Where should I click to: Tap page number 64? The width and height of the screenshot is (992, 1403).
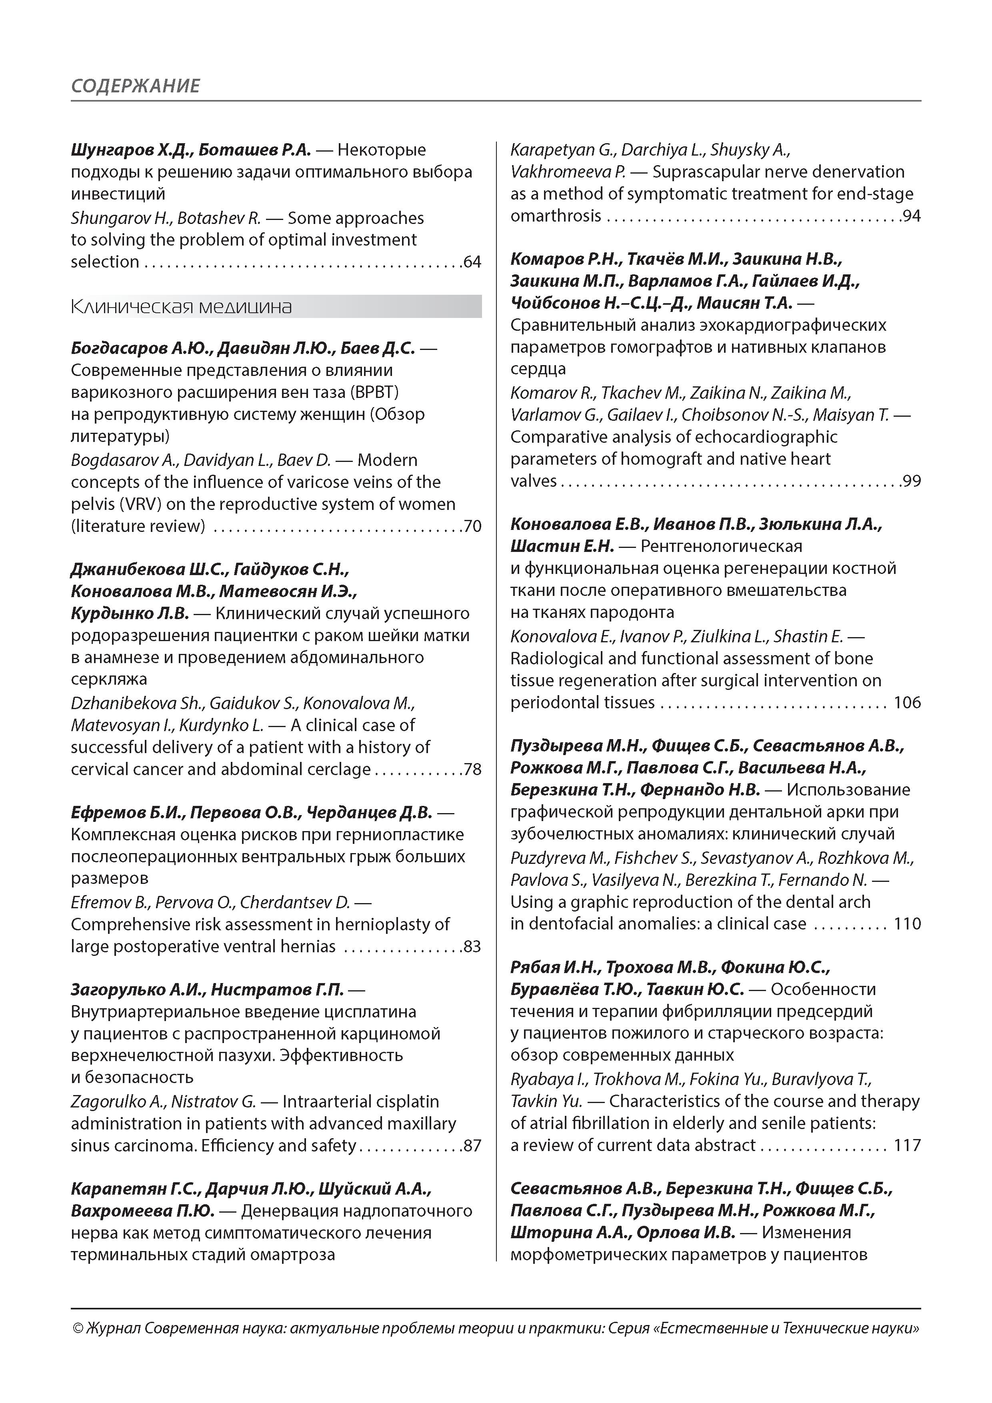coord(472,262)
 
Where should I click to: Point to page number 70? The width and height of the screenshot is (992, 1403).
coord(472,526)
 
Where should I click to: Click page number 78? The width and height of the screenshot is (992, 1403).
coord(472,769)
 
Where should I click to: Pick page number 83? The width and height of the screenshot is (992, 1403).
coord(472,947)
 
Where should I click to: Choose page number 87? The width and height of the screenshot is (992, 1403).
coord(472,1146)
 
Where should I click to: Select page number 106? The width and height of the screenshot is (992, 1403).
coord(907,703)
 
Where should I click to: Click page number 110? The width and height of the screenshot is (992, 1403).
coord(907,924)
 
